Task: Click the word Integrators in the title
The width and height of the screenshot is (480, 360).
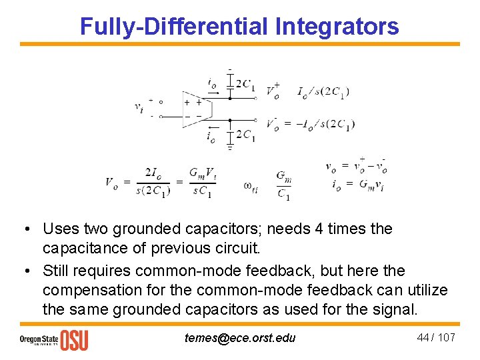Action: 337,26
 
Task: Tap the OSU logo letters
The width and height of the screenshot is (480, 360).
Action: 74,339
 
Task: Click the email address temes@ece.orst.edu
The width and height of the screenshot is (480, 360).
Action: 240,338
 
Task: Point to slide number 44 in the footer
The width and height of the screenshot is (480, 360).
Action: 423,337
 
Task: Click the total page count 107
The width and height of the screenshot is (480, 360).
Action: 446,337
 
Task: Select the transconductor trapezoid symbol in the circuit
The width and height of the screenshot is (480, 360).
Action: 194,109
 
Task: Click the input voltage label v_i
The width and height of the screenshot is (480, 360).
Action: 138,107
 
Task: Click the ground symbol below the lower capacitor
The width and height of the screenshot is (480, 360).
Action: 230,147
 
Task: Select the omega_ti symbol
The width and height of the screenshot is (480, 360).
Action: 251,187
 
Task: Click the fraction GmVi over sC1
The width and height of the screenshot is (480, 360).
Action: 203,182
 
